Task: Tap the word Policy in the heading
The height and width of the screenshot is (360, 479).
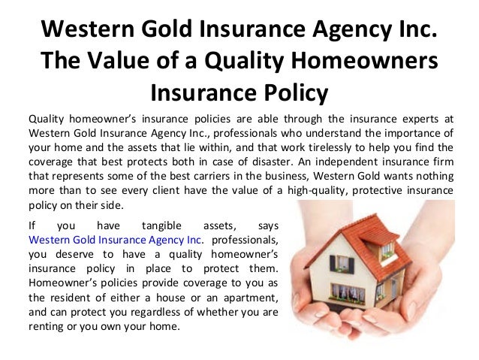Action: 291,94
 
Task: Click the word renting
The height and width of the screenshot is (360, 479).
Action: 47,327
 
